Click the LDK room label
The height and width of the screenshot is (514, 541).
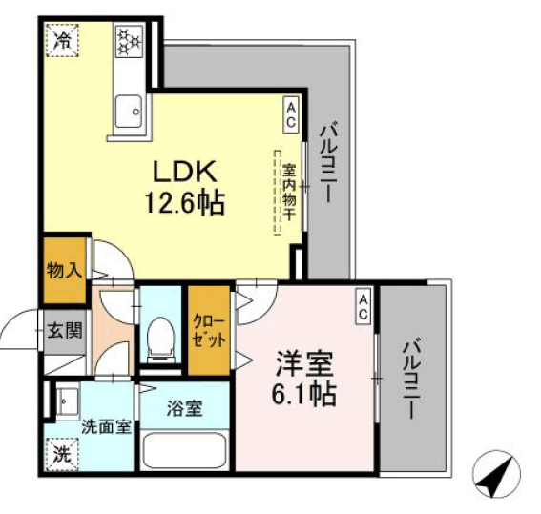pos(185,172)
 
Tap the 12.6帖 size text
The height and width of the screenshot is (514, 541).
pos(185,203)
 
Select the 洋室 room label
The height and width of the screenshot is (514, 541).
pos(304,363)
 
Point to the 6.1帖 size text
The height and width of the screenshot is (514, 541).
pos(304,394)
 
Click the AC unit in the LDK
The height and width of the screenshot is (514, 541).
pos(291,114)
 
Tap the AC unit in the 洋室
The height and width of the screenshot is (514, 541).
pos(363,306)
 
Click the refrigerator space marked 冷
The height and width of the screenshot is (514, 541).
pos(62,40)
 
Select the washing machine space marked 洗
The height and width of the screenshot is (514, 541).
pos(62,455)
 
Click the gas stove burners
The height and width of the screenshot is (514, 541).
pos(130,41)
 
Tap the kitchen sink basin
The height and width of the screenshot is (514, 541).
pos(129,112)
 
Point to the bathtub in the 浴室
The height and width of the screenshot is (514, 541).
pos(184,450)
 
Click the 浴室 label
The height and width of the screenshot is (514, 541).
pos(184,409)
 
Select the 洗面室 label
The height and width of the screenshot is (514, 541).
pos(107,427)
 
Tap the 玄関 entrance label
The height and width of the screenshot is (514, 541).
pos(65,331)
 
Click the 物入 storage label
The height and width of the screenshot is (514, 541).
pos(65,270)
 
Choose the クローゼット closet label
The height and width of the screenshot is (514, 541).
pos(209,331)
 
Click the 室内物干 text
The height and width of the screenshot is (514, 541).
pos(289,192)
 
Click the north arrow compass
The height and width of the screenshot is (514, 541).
pos(496,474)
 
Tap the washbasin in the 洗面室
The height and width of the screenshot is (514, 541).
pos(68,401)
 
